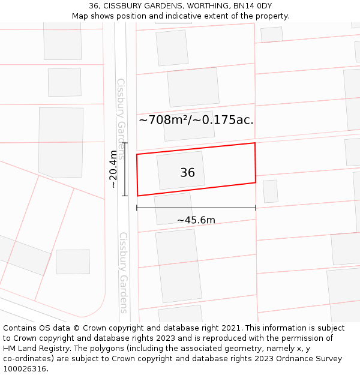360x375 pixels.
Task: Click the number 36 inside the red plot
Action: pyautogui.click(x=187, y=173)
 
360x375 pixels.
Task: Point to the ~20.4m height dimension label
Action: pyautogui.click(x=113, y=169)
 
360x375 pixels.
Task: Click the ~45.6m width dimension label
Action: pyautogui.click(x=196, y=220)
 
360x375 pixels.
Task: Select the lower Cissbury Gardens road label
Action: pyautogui.click(x=123, y=272)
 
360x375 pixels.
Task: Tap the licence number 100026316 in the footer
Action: pyautogui.click(x=25, y=369)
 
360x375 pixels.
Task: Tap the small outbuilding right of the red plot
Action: pyautogui.click(x=271, y=191)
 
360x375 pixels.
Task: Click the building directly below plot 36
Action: pyautogui.click(x=173, y=208)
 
